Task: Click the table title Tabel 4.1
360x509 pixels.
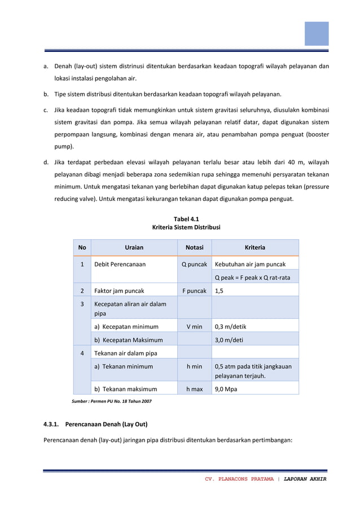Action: [x=186, y=218]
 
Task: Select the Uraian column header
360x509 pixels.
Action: [x=134, y=247]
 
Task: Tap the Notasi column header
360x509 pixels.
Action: [x=194, y=247]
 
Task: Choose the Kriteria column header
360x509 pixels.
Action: [x=254, y=247]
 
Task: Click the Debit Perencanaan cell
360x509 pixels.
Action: [x=120, y=264]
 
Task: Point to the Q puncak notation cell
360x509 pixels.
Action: [x=194, y=264]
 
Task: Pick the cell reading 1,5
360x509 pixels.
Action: [x=219, y=291]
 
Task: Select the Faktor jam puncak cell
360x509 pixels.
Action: [x=119, y=291]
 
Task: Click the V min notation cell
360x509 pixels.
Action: [x=194, y=326]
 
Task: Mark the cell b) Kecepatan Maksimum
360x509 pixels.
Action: [x=128, y=340]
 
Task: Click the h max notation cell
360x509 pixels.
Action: [x=194, y=389]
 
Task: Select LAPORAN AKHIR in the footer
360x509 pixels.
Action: [x=305, y=479]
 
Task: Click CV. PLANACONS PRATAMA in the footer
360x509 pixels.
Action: [x=239, y=479]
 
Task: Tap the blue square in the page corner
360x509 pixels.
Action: [x=317, y=33]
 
